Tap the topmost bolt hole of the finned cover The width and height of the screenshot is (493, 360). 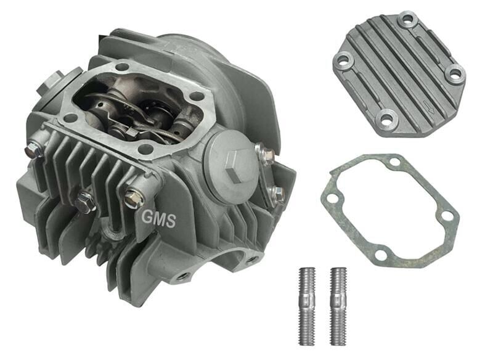click(406, 20)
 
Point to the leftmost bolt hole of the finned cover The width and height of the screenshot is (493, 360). click(342, 61)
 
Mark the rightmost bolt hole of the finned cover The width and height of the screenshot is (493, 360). click(455, 73)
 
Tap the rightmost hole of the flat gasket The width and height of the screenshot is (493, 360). click(448, 216)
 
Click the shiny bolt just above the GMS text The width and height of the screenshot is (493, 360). click(131, 198)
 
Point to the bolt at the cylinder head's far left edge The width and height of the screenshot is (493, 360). click(32, 149)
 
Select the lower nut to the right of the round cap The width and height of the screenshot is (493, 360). click(276, 192)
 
